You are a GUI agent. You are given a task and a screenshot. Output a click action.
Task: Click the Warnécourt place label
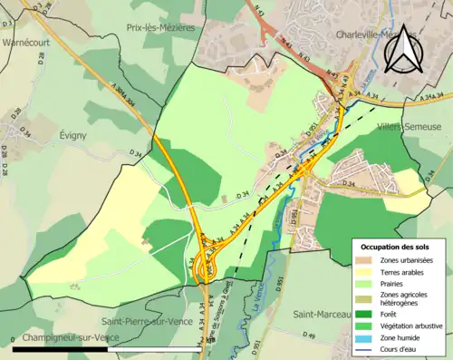pos(24,42)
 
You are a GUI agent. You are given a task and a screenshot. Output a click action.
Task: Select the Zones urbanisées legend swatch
pos(365,260)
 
